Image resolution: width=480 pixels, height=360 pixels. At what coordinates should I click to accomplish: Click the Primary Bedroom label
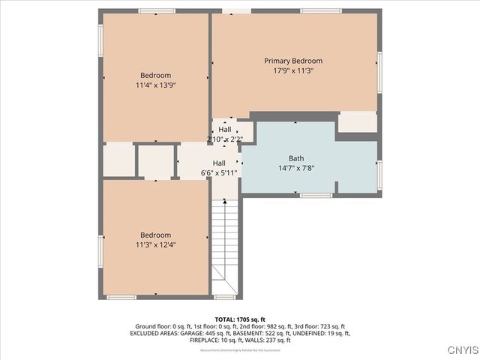coord(293,61)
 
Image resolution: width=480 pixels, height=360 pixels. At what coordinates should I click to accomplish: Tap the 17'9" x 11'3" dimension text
coord(293,70)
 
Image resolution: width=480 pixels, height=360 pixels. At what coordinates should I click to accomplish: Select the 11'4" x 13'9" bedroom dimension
coord(155,85)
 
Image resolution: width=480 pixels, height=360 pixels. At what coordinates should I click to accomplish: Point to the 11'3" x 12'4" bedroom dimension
coord(155,244)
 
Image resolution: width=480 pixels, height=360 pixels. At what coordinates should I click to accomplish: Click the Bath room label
coord(296,158)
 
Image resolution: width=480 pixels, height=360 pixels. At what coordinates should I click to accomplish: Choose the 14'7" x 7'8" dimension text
coord(296,168)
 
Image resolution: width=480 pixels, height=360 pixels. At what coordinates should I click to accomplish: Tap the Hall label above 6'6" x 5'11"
coord(219,163)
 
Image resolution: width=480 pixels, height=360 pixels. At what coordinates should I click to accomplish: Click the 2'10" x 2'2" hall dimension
coord(225,139)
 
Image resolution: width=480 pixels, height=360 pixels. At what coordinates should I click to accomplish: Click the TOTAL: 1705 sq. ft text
coord(240,319)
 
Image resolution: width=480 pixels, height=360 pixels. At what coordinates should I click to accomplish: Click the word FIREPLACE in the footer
coord(207,340)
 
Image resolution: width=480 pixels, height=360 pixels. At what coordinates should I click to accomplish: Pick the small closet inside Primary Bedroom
coord(357,122)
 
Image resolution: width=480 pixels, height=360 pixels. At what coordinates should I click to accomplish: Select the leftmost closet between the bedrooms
coord(118,160)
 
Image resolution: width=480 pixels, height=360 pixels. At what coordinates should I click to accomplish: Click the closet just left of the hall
coord(155,160)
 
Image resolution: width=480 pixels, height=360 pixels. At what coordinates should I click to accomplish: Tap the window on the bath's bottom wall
coord(316,196)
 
